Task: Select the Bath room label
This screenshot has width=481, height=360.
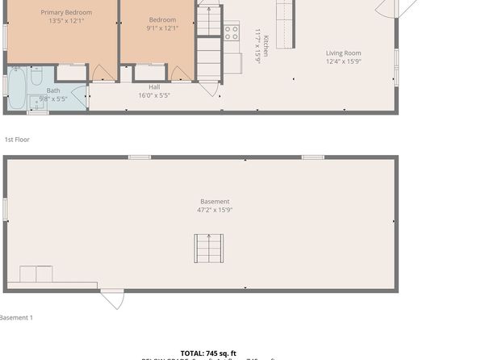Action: [53, 90]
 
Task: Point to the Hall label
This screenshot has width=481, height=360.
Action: [153, 86]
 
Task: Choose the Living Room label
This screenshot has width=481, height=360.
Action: [343, 53]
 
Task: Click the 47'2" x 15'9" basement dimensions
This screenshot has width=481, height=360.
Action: [215, 210]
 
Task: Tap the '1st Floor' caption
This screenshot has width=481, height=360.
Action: [17, 140]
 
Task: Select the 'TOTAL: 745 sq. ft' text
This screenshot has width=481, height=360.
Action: [208, 353]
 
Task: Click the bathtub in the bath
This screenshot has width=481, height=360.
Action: [16, 89]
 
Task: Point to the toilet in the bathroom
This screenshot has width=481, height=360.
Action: [36, 77]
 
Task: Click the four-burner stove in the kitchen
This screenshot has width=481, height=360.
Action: [231, 32]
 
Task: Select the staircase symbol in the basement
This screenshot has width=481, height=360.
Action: [207, 248]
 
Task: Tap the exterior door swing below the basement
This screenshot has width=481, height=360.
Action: [112, 299]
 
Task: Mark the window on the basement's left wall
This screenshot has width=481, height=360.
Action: [5, 209]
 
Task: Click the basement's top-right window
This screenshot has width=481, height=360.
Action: [312, 157]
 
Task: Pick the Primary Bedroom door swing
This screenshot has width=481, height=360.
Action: [102, 73]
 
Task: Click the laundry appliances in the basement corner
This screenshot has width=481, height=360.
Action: [36, 274]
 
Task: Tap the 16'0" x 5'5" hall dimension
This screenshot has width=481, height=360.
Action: [153, 94]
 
